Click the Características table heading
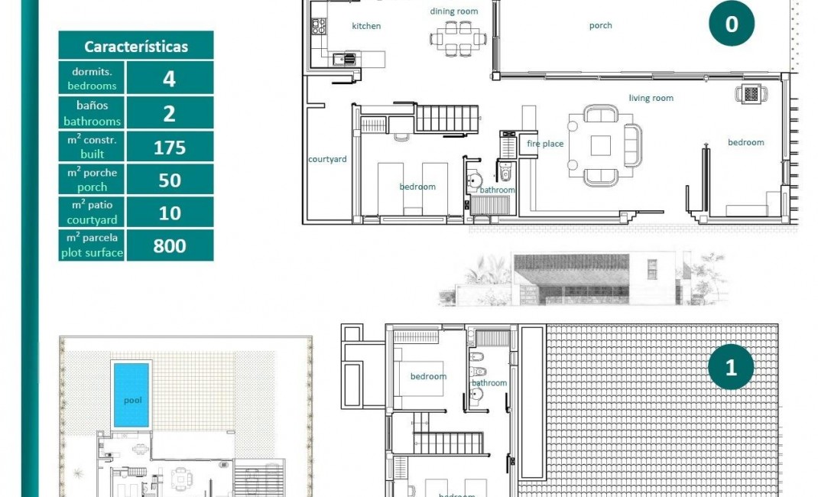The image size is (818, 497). tap(136, 47)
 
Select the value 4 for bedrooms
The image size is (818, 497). tap(170, 79)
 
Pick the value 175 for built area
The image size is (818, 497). tap(170, 147)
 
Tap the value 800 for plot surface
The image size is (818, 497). tap(170, 245)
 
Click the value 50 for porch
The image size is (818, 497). tap(170, 180)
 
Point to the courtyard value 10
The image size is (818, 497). tap(170, 213)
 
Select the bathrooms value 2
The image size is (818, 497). tap(170, 113)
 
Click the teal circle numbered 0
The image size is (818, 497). tap(731, 24)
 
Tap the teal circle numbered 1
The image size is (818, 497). tap(730, 367)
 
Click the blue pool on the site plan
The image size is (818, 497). tap(131, 395)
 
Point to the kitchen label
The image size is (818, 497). tap(366, 26)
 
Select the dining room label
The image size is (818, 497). tap(453, 11)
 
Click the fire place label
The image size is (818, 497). tap(545, 144)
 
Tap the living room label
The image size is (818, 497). tap(651, 98)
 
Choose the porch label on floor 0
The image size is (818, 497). tap(600, 25)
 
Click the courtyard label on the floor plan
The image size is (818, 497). tap(327, 159)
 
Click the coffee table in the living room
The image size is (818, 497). tap(601, 145)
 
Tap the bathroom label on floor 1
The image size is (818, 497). tap(489, 383)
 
